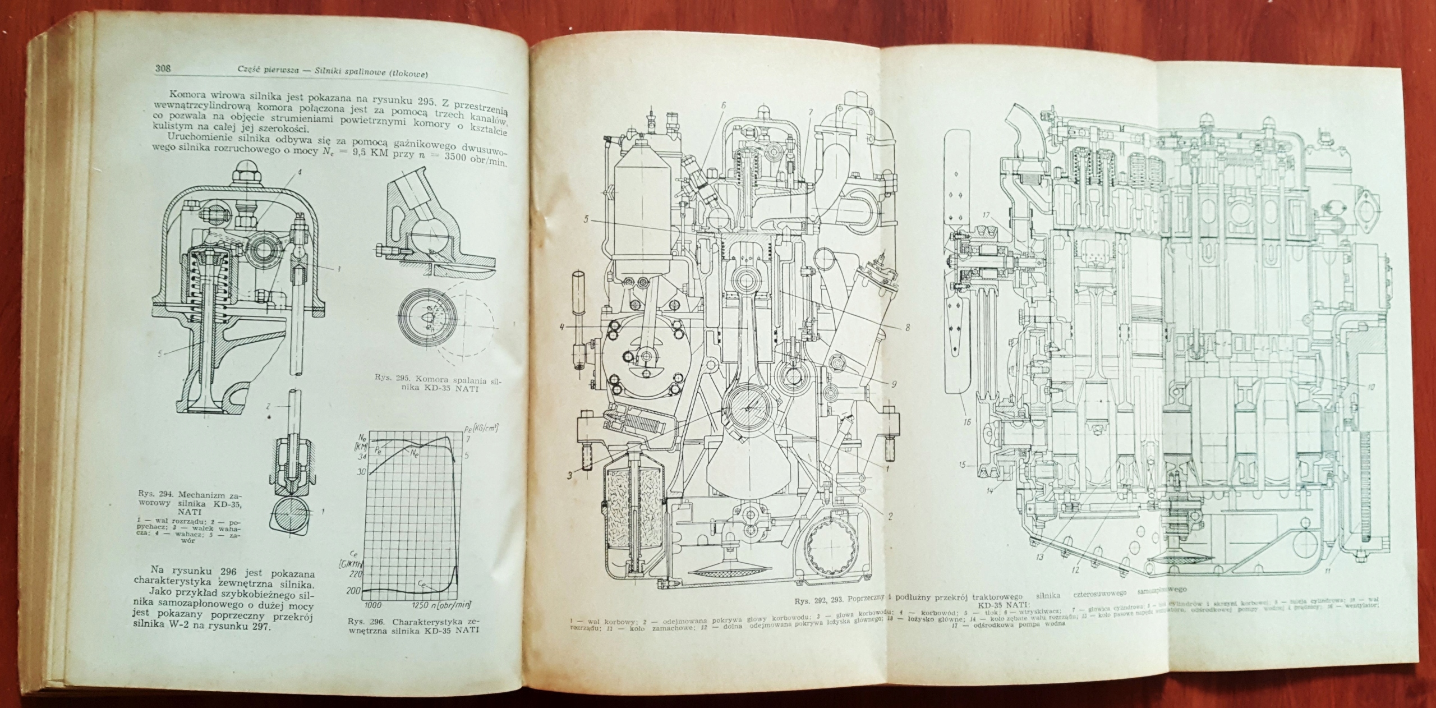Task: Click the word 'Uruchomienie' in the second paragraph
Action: pyautogui.click(x=181, y=139)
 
